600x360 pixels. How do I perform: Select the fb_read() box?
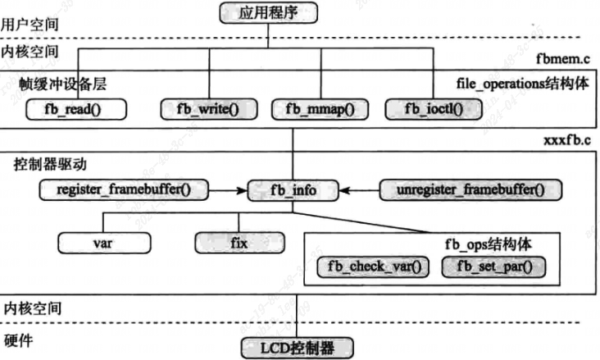pos(77,107)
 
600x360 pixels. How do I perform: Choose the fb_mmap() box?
pos(320,107)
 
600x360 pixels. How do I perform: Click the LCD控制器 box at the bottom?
pos(298,348)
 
